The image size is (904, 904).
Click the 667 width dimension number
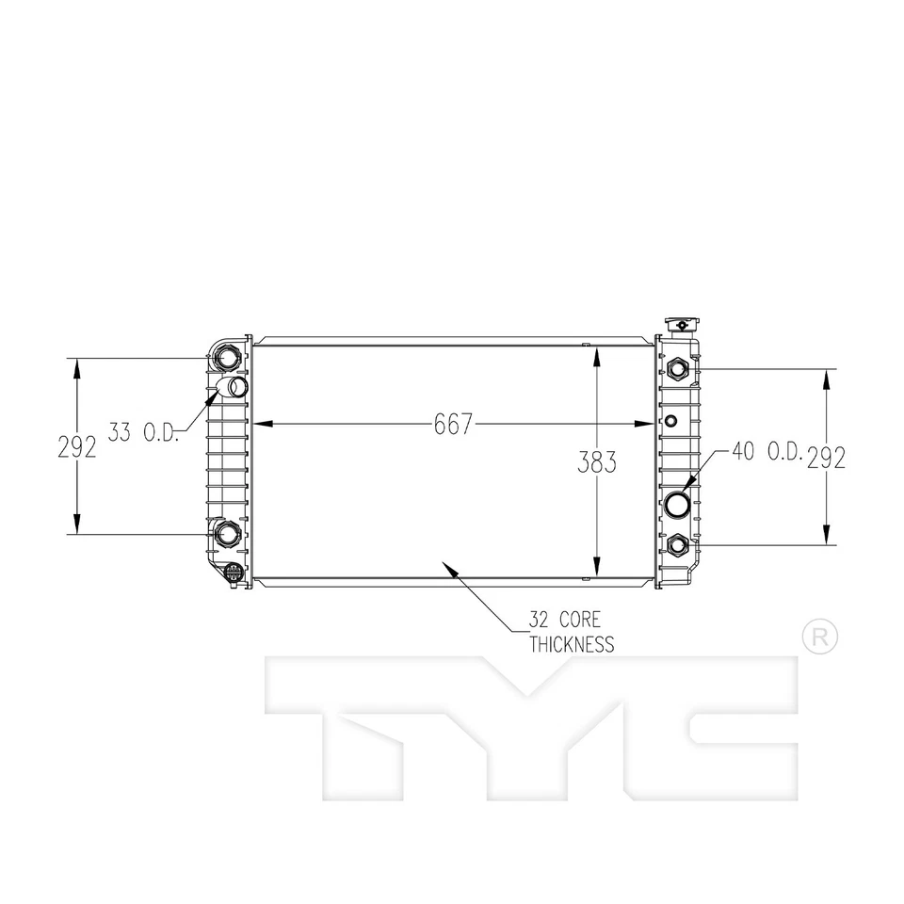pos(452,425)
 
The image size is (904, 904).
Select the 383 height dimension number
pos(597,461)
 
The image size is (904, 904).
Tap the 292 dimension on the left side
pos(77,446)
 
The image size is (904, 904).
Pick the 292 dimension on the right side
pos(826,457)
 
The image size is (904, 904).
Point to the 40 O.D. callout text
pos(766,453)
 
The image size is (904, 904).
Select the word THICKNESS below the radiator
pos(572,645)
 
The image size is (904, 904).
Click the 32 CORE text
pos(564,621)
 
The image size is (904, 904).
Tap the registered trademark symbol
pos(817,638)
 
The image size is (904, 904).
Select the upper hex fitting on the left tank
pos(227,358)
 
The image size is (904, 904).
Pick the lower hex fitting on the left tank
pos(227,534)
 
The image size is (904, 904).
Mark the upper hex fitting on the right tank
pos(677,368)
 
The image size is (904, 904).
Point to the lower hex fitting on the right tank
pos(677,544)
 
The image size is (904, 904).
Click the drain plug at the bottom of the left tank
pos(232,573)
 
